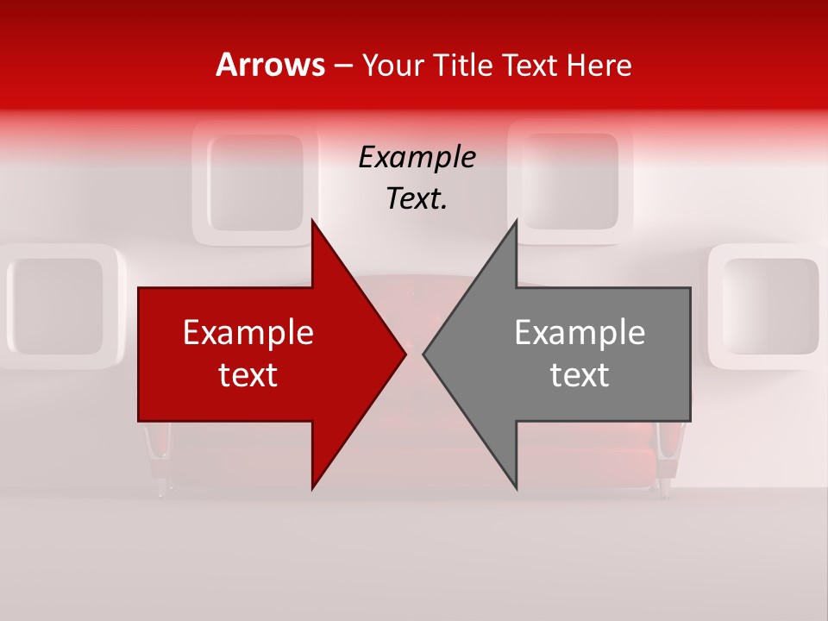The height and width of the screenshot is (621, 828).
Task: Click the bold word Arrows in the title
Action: tap(270, 65)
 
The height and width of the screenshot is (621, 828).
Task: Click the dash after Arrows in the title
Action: tap(342, 66)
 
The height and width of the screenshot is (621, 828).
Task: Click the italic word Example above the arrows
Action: tap(417, 157)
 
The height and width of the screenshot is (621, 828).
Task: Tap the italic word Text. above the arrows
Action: tap(417, 198)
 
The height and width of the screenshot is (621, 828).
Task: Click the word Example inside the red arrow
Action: tap(248, 332)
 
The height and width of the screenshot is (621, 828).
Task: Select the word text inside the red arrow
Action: tap(248, 374)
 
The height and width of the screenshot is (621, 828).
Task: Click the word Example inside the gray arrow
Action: tap(580, 332)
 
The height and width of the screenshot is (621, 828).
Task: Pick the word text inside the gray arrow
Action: tap(580, 374)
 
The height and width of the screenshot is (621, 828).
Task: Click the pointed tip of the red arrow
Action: tap(405, 354)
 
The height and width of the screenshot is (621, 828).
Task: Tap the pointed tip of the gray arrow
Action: tap(423, 354)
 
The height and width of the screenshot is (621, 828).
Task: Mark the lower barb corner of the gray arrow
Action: tap(516, 488)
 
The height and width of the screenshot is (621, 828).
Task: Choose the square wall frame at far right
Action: tap(769, 306)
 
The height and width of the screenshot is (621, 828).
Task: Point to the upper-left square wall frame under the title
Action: tap(256, 183)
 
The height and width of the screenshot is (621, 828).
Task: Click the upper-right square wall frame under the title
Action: tap(570, 183)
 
